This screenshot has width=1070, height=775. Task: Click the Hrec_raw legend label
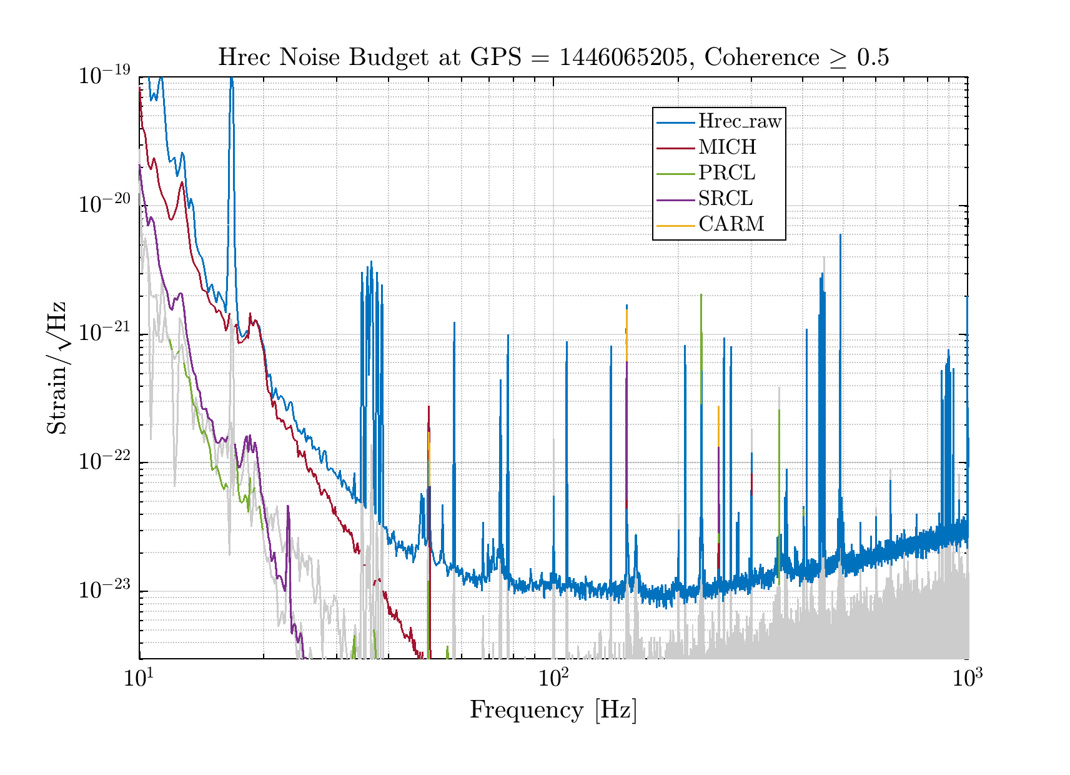(x=740, y=121)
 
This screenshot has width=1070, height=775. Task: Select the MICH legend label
(x=727, y=147)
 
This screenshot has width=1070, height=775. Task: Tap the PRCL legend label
(x=726, y=173)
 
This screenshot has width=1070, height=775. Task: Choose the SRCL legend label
(x=725, y=199)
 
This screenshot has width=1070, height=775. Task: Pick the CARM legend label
(x=731, y=224)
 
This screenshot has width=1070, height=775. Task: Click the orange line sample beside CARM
(x=675, y=225)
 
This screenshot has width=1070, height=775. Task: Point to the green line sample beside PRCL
(x=675, y=174)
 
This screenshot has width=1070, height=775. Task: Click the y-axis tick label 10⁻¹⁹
(x=104, y=76)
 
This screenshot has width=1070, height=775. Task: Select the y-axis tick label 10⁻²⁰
(x=104, y=204)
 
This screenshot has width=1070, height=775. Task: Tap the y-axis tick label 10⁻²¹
(x=104, y=333)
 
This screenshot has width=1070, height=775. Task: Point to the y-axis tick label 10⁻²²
(x=104, y=462)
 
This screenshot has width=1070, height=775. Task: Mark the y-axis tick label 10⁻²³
(x=104, y=590)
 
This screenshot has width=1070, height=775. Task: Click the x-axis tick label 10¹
(x=139, y=677)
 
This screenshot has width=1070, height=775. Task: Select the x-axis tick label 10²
(x=553, y=677)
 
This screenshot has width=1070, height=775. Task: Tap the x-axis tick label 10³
(x=967, y=677)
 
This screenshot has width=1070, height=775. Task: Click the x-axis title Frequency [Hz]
(x=553, y=711)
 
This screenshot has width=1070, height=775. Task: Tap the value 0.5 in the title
(x=873, y=57)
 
